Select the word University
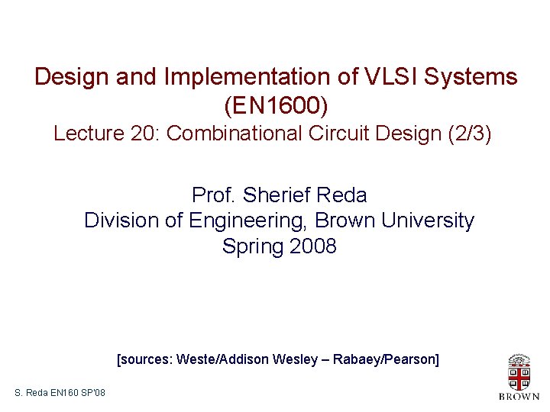click(x=426, y=221)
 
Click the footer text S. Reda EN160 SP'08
click(x=60, y=393)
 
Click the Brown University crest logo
click(x=519, y=373)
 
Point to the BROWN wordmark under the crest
click(x=519, y=397)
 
